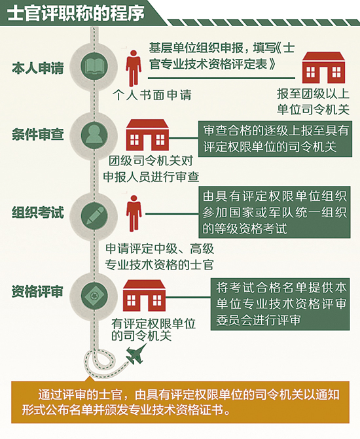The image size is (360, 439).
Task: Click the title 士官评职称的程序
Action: point(76,13)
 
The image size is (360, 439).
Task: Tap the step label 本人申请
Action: point(38,68)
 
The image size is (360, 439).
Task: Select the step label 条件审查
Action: point(38,134)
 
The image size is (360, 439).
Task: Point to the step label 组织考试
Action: point(38,212)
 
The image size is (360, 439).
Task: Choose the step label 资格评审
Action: point(37,292)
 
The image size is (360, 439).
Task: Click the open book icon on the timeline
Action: point(94,66)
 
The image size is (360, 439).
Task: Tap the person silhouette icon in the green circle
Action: point(94,134)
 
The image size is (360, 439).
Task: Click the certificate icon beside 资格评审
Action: point(94,296)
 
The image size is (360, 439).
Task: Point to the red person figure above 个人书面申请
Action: point(134,68)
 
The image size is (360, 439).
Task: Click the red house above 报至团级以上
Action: point(323,68)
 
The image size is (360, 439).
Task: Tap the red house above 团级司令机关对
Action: point(147,135)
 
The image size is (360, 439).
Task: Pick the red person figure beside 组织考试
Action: point(134,213)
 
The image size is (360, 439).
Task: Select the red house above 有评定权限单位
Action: point(144,295)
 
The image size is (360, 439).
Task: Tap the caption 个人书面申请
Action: point(153,95)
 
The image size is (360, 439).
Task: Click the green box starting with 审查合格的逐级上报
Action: point(275,139)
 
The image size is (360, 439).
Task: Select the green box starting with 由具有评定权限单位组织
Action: point(274,212)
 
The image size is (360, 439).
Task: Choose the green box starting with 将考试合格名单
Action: point(280,304)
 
